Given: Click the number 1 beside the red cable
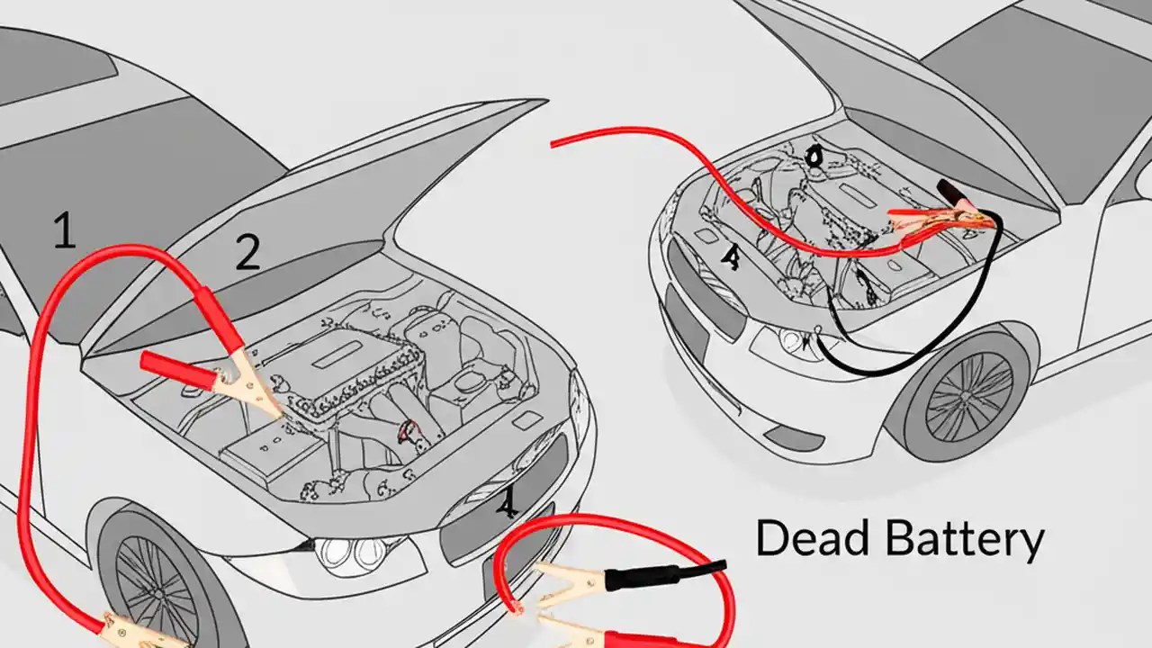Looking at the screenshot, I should coord(63,231).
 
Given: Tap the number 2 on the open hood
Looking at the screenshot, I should coord(247,253).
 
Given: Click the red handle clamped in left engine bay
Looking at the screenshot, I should coord(175,367).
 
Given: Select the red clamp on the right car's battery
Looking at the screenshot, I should coord(927,220).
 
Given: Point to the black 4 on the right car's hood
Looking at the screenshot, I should coord(732,258).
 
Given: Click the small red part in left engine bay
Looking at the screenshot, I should coord(410,431).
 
